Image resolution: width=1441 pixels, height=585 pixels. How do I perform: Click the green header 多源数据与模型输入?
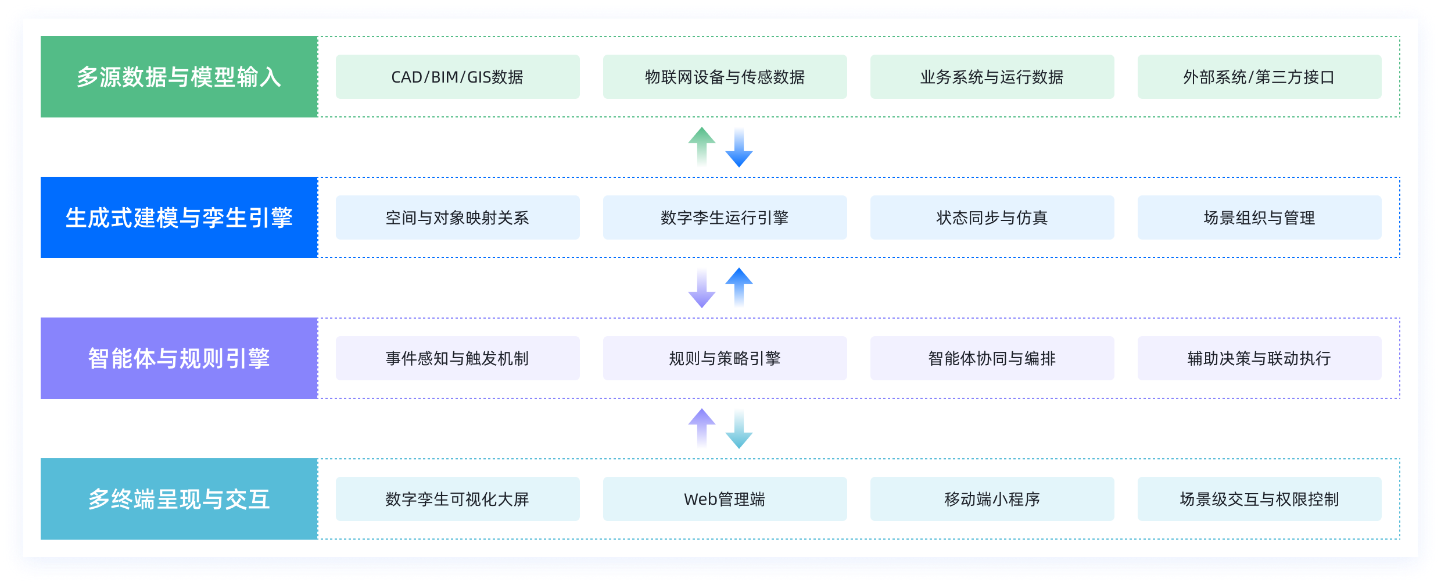179,77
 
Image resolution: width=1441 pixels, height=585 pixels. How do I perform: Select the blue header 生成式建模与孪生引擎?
179,217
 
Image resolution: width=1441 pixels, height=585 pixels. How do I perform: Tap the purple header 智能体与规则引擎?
179,358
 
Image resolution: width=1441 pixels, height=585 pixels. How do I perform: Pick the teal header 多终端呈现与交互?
179,499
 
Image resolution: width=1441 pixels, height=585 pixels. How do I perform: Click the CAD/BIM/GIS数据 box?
457,77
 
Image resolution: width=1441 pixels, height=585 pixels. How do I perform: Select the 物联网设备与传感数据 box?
725,77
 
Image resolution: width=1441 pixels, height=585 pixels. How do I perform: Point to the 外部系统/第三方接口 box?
1259,77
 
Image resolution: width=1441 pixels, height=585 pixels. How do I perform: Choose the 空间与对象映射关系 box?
457,217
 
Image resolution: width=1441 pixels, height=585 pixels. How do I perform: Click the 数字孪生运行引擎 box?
725,217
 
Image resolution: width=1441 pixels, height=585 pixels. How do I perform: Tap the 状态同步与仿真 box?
992,217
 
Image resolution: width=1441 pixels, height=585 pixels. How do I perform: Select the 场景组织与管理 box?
1259,217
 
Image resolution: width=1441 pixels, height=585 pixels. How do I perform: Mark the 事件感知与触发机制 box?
457,358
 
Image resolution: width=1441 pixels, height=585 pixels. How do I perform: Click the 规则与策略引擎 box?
725,358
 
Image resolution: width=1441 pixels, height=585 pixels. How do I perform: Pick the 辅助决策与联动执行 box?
1259,358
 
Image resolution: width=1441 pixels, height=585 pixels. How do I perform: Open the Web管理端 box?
725,499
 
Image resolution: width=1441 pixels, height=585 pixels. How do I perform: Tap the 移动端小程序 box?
992,499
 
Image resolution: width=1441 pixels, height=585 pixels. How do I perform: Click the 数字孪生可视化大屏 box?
457,499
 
